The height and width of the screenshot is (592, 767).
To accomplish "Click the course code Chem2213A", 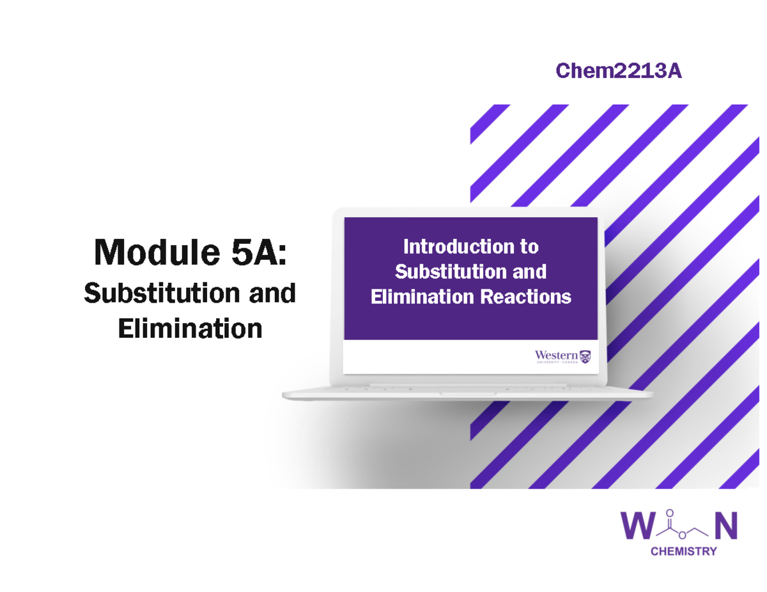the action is [619, 70].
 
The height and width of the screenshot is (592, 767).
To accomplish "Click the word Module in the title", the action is [157, 252].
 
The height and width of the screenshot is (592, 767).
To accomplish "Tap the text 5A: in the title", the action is [260, 252].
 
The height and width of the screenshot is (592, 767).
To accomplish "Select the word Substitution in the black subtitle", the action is [161, 292].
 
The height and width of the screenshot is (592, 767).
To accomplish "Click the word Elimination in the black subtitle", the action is [190, 328].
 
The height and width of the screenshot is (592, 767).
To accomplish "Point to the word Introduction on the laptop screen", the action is [458, 247].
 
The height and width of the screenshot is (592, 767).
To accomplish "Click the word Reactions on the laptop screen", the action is [525, 296].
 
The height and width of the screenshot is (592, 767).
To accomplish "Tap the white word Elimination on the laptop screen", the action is [422, 296].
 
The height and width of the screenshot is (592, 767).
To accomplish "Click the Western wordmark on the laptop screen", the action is [556, 356].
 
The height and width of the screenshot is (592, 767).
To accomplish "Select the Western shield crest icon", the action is [585, 357].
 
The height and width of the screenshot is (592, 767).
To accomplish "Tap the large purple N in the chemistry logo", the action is [726, 526].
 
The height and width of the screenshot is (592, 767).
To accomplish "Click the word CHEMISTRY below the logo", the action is [684, 552].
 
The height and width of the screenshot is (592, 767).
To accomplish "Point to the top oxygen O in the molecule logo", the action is [670, 513].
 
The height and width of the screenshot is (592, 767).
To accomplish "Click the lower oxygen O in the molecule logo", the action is [682, 535].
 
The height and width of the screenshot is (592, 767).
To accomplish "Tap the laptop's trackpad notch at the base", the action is [468, 394].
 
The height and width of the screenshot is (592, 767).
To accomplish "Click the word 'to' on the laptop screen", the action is [529, 247].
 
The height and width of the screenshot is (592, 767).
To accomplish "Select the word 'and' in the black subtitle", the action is [272, 292].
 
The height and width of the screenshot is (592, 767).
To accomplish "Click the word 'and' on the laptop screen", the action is [529, 271].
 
